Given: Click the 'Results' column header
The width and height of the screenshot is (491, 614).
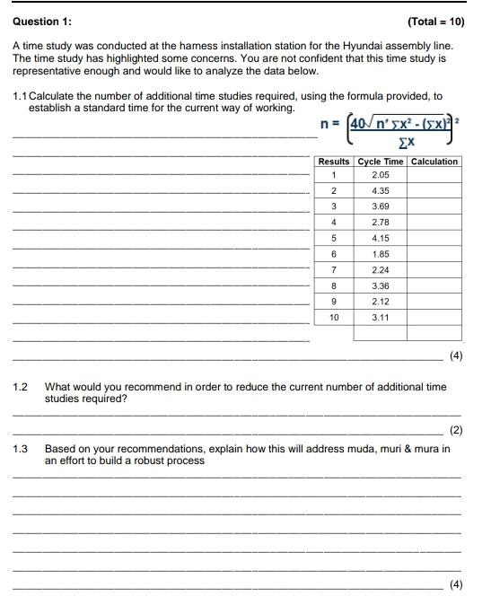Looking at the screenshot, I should (x=334, y=162).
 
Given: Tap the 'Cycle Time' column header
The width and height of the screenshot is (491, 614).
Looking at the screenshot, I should (x=381, y=162).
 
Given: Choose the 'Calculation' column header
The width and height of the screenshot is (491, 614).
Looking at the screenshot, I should (x=434, y=162).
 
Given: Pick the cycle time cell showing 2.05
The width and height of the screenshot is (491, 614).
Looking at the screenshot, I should (x=381, y=175).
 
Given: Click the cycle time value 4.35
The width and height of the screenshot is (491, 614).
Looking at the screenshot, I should (x=381, y=191).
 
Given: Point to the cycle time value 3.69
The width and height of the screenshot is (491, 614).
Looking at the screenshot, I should (x=381, y=206).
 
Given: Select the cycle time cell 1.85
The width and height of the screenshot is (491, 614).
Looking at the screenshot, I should (x=381, y=254).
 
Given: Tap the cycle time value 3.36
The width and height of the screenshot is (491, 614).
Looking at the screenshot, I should (x=381, y=285).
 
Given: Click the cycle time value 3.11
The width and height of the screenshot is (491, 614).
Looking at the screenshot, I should (x=381, y=318).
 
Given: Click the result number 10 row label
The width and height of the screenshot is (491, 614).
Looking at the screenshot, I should (x=334, y=318).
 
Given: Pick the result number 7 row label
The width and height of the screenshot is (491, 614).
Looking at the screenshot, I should (x=334, y=269).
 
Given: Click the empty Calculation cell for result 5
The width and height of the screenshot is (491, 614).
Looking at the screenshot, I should (x=434, y=238).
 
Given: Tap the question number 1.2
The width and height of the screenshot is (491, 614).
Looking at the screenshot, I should (x=21, y=387).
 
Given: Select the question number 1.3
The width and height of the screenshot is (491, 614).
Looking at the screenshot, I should (x=21, y=448).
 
